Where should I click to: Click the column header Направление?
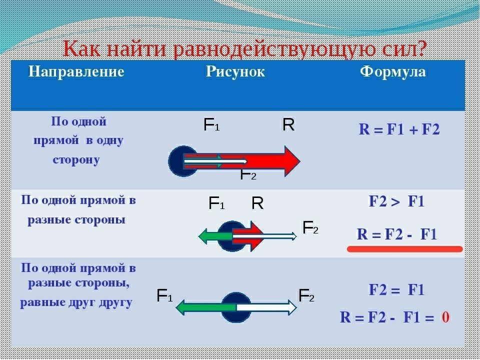[x=76, y=71]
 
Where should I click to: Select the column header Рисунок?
[x=235, y=71]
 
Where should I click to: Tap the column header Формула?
[x=393, y=71]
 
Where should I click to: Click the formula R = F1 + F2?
[x=399, y=130]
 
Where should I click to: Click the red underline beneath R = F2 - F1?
[x=404, y=248]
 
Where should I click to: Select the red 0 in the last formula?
[x=445, y=317]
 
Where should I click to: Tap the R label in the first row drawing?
[x=288, y=125]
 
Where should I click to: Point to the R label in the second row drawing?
[x=257, y=203]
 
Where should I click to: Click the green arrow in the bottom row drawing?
[x=200, y=306]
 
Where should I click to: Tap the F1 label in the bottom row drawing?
[x=164, y=296]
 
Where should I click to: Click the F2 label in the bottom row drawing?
[x=306, y=296]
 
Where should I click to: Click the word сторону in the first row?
[x=76, y=160]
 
